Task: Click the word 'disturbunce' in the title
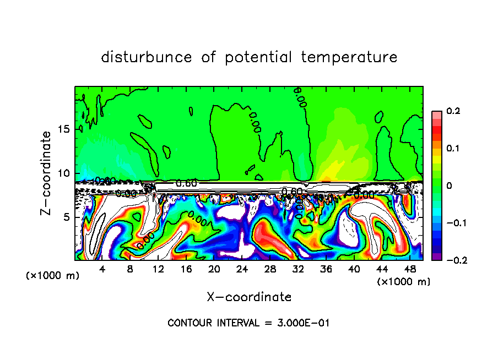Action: [x=147, y=57]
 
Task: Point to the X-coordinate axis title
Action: [x=249, y=297]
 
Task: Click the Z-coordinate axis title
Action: [x=47, y=173]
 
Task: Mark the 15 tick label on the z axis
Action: [x=65, y=129]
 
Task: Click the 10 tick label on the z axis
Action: [x=65, y=173]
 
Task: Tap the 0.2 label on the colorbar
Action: [x=453, y=111]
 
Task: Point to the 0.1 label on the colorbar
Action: [x=453, y=149]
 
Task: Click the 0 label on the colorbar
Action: [x=449, y=186]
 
